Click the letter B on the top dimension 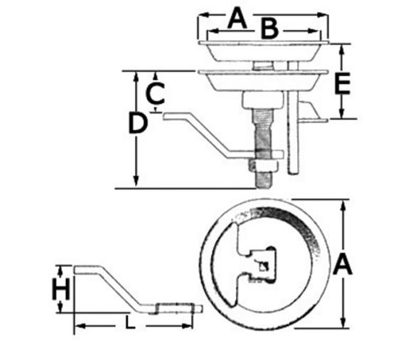click(269, 29)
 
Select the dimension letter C click(156, 92)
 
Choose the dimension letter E click(342, 83)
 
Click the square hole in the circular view click(264, 268)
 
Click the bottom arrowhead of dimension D click(134, 184)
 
